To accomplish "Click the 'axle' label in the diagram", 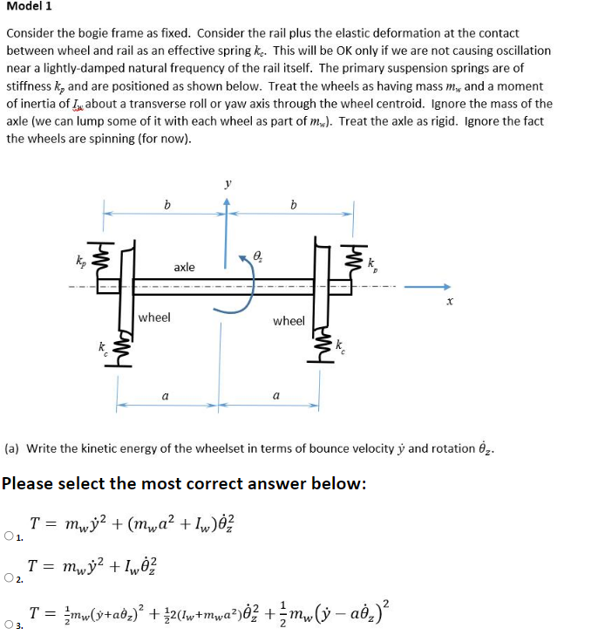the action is click(x=183, y=267).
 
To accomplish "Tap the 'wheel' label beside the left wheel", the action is click(x=154, y=317).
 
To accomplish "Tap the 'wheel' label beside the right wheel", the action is click(x=289, y=321).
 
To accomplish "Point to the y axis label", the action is click(x=228, y=185).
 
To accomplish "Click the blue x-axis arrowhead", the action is click(x=445, y=285).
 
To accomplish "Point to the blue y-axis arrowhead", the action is click(x=227, y=201).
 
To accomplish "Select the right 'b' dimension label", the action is click(x=294, y=205).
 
